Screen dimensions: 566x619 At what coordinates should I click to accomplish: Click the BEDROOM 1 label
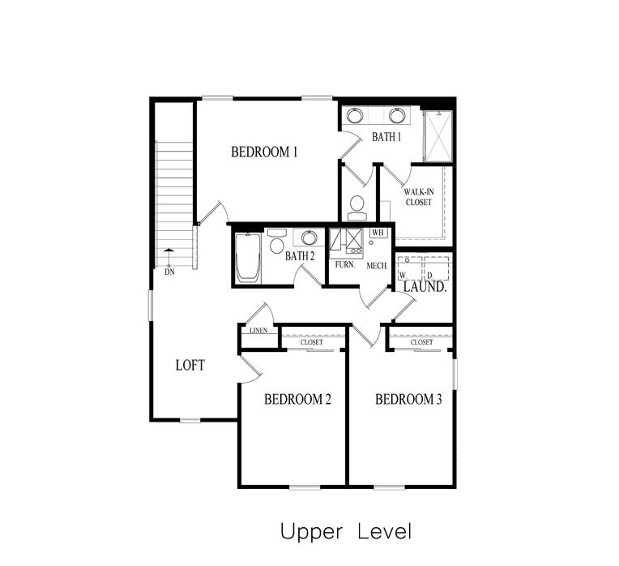click(x=265, y=152)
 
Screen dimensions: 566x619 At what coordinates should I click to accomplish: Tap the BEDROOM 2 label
click(x=298, y=399)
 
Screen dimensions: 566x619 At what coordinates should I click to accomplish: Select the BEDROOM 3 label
click(x=408, y=399)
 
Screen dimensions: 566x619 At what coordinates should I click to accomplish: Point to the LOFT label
click(x=190, y=365)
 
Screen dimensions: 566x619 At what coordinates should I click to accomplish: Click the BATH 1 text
click(x=386, y=137)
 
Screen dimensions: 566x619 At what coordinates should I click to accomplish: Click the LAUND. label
click(x=425, y=287)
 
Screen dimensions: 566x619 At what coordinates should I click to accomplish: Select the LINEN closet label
click(x=258, y=331)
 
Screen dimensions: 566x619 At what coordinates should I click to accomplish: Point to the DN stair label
click(x=169, y=272)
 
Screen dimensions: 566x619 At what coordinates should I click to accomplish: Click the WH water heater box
click(x=377, y=233)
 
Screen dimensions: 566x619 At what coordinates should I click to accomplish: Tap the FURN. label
click(x=344, y=265)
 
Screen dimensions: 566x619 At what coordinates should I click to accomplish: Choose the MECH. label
click(x=377, y=265)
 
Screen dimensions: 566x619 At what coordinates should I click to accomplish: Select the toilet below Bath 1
click(x=356, y=208)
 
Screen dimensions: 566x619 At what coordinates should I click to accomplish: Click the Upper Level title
click(x=346, y=532)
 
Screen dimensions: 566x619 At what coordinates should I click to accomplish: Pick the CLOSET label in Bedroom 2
click(x=311, y=342)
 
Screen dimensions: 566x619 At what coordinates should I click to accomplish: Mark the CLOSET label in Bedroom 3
click(x=421, y=342)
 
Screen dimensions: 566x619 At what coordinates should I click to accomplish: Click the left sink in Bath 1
click(x=356, y=115)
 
